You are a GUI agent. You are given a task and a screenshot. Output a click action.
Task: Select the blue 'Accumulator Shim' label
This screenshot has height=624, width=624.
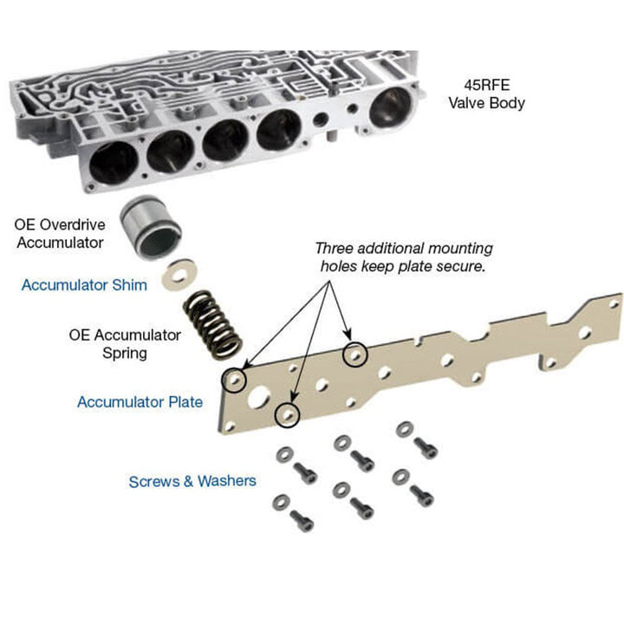[x=85, y=284]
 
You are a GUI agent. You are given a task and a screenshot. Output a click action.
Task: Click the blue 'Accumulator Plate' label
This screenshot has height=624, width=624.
[x=140, y=402]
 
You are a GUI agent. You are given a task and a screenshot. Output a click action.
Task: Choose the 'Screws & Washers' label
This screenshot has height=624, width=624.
[x=192, y=481]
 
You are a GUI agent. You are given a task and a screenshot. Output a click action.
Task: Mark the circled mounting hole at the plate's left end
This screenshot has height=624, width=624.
[x=234, y=379]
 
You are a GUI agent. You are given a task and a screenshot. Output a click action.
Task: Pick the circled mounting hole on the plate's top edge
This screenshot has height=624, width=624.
[x=354, y=354]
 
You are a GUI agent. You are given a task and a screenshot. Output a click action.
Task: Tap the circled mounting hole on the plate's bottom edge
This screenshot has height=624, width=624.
[x=289, y=416]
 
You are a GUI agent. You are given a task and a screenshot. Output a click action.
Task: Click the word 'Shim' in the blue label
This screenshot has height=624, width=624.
[x=131, y=284]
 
